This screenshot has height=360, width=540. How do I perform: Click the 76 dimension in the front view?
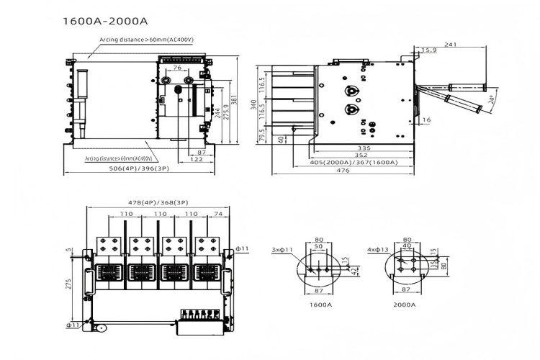click(x=177, y=68)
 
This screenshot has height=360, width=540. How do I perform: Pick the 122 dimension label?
click(x=196, y=160)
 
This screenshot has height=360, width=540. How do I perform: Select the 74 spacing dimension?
click(x=218, y=214)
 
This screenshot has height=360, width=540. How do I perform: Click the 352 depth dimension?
click(x=363, y=154)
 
